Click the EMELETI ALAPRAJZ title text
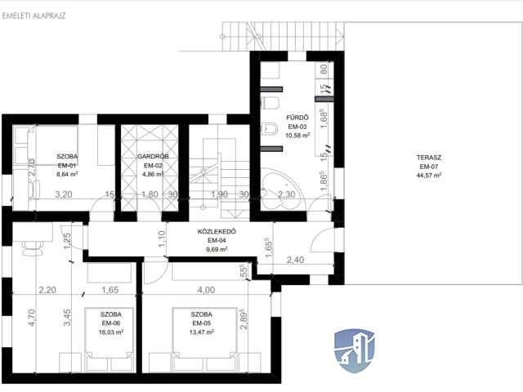click(x=34, y=16)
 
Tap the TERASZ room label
click(x=428, y=158)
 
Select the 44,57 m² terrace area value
click(x=429, y=176)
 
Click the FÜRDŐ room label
click(x=297, y=118)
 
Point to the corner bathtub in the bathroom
click(x=282, y=189)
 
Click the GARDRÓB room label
click(x=153, y=156)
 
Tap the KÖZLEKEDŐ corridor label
click(x=217, y=231)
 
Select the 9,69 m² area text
click(x=217, y=249)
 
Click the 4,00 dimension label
click(x=206, y=290)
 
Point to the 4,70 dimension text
click(x=32, y=318)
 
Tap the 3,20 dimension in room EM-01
click(x=64, y=194)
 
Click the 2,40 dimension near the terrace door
click(x=296, y=260)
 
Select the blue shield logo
click(x=355, y=350)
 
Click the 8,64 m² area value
click(x=67, y=174)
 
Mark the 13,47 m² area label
click(x=201, y=332)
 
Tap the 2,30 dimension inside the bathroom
click(x=287, y=194)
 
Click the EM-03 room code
click(x=297, y=127)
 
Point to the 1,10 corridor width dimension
click(x=162, y=239)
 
